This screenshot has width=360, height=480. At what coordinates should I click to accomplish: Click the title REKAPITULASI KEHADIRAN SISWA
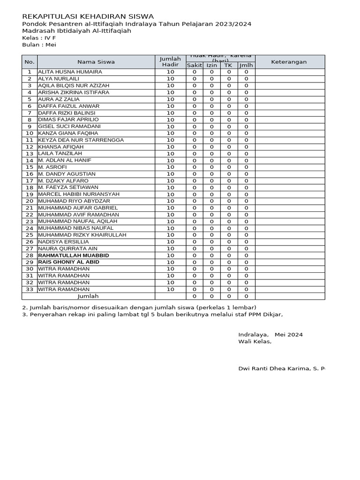(88, 16)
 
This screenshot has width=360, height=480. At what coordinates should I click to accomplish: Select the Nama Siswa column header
(96, 62)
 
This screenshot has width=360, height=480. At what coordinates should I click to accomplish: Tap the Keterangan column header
(289, 62)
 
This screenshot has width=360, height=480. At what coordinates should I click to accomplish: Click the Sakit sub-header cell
(194, 66)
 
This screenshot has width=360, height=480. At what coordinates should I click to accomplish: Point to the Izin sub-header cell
(211, 66)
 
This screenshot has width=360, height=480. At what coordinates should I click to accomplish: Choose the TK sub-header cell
(229, 66)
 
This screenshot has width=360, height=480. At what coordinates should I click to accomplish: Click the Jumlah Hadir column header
(170, 62)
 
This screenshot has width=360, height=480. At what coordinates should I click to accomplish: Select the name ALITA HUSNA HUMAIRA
(70, 72)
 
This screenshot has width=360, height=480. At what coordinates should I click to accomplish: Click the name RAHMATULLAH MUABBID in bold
(74, 255)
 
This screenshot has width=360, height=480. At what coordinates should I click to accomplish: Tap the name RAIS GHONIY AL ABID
(68, 262)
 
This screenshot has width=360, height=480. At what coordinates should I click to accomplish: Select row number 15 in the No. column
(30, 167)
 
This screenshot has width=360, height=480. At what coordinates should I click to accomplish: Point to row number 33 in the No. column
(30, 290)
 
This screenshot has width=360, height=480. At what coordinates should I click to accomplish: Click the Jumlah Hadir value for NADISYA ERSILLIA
(170, 242)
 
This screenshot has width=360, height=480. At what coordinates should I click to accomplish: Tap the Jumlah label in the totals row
(88, 296)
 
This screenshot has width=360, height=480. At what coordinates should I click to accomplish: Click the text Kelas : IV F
(38, 38)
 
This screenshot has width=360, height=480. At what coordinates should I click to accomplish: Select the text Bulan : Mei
(38, 45)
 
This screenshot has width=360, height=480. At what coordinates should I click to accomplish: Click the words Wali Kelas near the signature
(255, 342)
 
